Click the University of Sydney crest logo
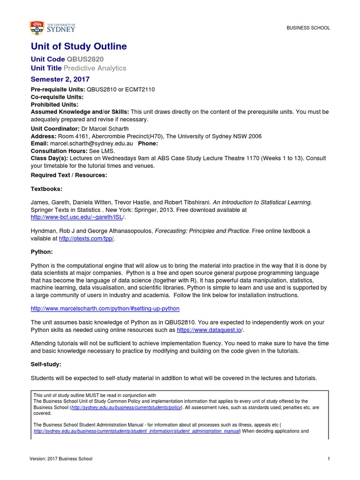(37, 28)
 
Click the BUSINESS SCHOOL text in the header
(308, 28)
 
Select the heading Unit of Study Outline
(79, 46)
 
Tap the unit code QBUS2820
(85, 59)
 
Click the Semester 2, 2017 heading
(60, 79)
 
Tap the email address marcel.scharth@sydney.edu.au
(92, 143)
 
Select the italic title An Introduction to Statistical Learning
(262, 202)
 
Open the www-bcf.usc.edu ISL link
(78, 217)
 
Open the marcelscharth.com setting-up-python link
(105, 308)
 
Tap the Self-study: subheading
(46, 364)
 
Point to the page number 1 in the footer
(329, 459)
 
